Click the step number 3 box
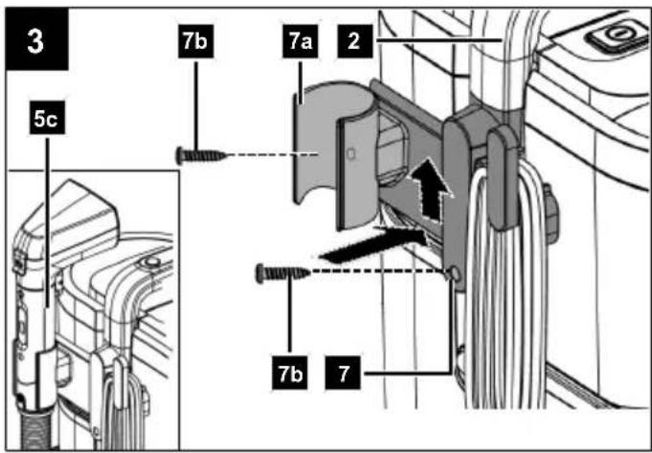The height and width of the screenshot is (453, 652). (36, 38)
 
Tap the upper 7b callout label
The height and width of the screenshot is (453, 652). (195, 41)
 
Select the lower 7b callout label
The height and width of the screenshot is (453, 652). (289, 373)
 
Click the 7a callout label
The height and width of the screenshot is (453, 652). (301, 41)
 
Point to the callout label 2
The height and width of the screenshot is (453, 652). (354, 41)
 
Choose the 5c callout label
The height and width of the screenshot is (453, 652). (47, 118)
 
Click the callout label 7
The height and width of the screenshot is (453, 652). (343, 373)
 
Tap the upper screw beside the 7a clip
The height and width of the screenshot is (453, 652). (202, 156)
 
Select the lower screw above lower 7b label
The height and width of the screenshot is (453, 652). (283, 273)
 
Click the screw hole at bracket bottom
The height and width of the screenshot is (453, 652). (455, 274)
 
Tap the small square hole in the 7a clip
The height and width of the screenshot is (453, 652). (351, 154)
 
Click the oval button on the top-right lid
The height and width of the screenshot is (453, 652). (618, 35)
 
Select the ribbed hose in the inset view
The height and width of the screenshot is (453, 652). (36, 429)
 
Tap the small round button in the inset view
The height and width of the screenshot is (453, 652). (150, 262)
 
